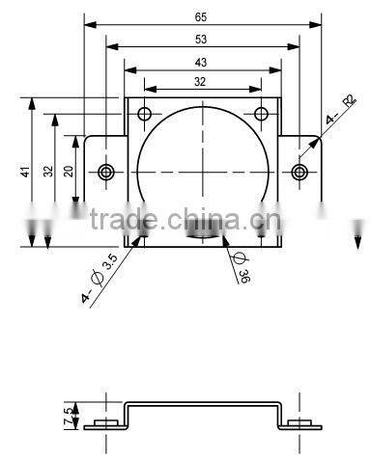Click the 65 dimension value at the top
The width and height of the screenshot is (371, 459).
tap(201, 16)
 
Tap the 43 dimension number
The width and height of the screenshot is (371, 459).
tap(201, 62)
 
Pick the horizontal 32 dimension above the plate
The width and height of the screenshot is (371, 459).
tap(201, 83)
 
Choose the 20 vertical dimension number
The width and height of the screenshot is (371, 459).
tap(68, 171)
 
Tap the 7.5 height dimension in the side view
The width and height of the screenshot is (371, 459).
tap(67, 417)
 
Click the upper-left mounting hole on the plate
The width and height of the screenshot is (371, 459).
tap(145, 115)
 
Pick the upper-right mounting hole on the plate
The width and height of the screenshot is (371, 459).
tap(260, 115)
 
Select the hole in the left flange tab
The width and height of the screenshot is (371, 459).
tap(105, 172)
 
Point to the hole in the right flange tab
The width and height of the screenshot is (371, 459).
tap(300, 172)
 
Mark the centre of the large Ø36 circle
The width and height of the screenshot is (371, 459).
tap(202, 172)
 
